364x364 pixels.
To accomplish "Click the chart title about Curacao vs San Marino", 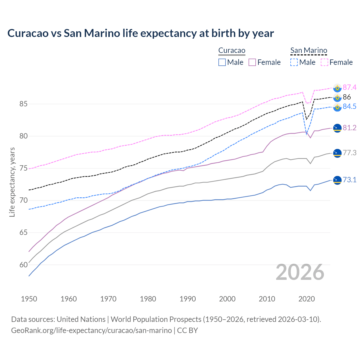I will point(140,33).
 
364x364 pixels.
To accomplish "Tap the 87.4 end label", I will point(349,87).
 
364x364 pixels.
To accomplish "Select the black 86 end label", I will point(347,97).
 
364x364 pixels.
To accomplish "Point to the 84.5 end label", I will point(349,106).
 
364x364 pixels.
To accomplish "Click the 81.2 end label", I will point(349,128).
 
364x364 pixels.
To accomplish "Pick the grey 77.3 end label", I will point(349,153).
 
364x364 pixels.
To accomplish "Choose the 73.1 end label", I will point(349,180).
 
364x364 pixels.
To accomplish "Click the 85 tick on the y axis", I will point(23,104).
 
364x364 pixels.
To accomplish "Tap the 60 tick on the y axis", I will point(23,265).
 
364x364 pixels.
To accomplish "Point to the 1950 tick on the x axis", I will point(29,299).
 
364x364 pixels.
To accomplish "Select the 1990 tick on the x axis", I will point(188,299).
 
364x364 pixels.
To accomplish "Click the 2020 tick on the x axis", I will point(307,299).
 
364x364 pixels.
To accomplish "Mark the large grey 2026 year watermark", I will point(300,272).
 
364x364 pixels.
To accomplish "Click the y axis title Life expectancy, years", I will point(12,182).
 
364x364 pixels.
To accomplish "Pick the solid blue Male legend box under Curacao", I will point(222,62).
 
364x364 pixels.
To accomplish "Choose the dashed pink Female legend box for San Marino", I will point(324,62).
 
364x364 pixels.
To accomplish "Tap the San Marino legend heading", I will point(309,51).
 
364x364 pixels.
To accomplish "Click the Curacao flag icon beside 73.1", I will point(337,180).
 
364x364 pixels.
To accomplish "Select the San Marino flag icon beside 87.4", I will point(337,88).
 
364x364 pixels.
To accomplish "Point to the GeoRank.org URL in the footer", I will point(91,330).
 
